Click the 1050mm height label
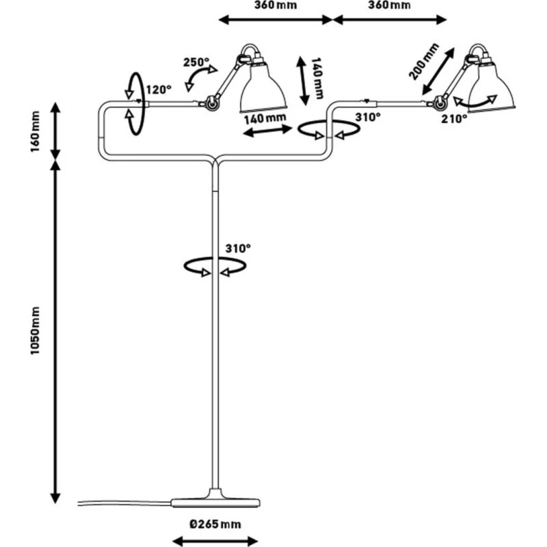(35, 330)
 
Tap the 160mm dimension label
(35, 131)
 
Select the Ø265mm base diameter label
(215, 524)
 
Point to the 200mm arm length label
(423, 62)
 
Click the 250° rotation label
(196, 62)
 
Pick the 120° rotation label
(159, 90)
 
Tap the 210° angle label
(454, 119)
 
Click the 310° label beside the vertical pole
(238, 248)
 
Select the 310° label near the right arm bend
(368, 117)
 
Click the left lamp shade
(263, 89)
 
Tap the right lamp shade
(491, 88)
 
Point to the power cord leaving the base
(124, 503)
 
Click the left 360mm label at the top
(276, 5)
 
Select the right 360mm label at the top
(389, 5)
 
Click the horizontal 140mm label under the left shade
(265, 118)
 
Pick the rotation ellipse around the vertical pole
(215, 267)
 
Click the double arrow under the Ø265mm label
(215, 541)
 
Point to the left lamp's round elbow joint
(212, 103)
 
